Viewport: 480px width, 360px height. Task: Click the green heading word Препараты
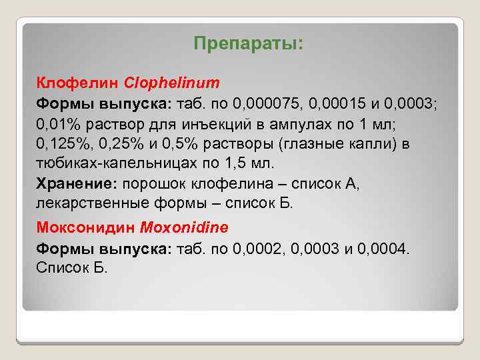[x=248, y=44]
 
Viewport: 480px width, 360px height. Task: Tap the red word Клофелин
[x=78, y=84]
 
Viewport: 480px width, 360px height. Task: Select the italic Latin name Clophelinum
[x=172, y=84]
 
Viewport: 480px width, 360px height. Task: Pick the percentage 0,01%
[x=56, y=124]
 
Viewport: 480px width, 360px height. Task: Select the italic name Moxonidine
[x=184, y=227]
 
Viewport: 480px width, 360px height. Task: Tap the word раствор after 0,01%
[x=107, y=124]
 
